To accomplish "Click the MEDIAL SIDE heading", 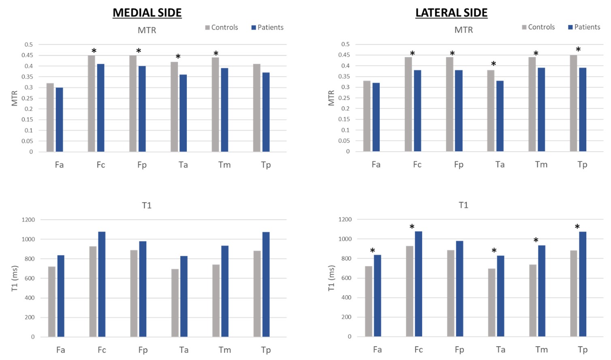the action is pyautogui.click(x=147, y=13).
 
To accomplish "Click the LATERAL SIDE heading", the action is pyautogui.click(x=451, y=13).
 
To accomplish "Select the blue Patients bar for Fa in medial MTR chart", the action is pyautogui.click(x=60, y=120).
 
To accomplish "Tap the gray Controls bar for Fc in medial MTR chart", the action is pyautogui.click(x=92, y=103).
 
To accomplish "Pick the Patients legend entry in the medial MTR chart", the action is pyautogui.click(x=267, y=27).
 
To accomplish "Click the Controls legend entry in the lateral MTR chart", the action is pyautogui.click(x=538, y=27).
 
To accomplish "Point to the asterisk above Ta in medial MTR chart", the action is pyautogui.click(x=178, y=57).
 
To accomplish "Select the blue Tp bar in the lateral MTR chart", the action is pyautogui.click(x=583, y=109).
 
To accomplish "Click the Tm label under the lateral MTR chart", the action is pyautogui.click(x=541, y=165).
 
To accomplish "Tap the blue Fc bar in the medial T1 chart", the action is pyautogui.click(x=102, y=284).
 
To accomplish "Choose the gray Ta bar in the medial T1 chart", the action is pyautogui.click(x=175, y=303).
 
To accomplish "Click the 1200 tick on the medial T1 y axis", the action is pyautogui.click(x=28, y=220).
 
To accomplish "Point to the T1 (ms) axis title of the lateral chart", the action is pyautogui.click(x=331, y=278).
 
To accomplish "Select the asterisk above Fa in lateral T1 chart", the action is pyautogui.click(x=373, y=251).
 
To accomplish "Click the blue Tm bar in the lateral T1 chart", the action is pyautogui.click(x=542, y=291).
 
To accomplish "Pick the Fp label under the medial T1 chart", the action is pyautogui.click(x=143, y=350).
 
